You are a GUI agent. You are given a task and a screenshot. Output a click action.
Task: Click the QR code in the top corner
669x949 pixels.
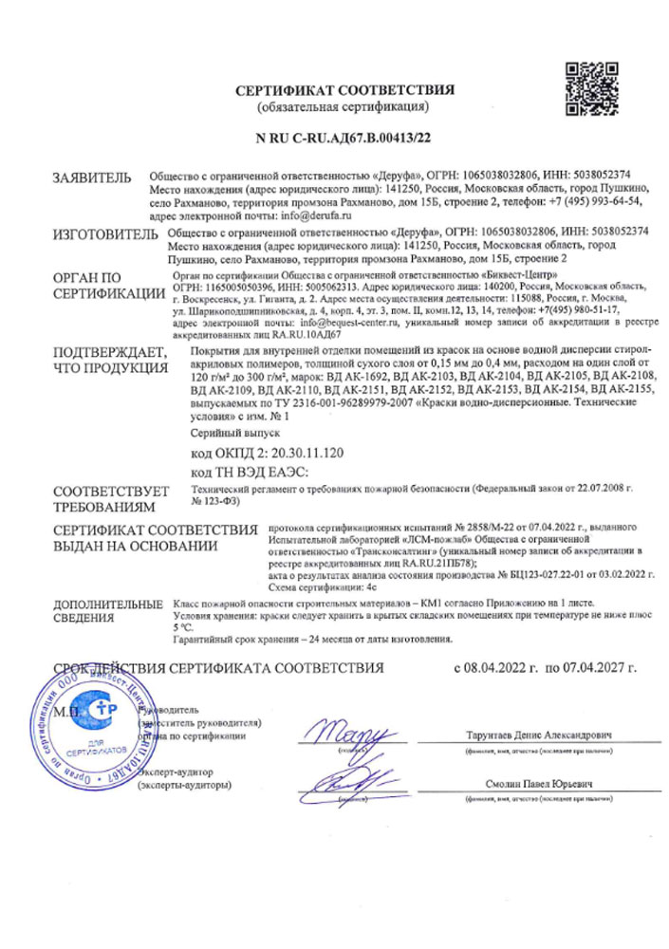click(x=591, y=88)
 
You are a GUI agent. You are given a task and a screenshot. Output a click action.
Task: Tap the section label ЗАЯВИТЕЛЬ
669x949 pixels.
click(x=92, y=177)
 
